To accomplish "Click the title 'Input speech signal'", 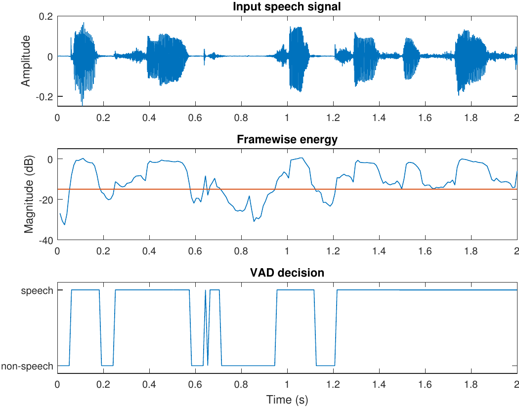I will (287, 7).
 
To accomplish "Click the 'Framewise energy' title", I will (287, 139).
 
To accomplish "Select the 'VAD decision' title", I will (287, 272).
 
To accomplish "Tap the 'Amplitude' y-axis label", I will (26, 61).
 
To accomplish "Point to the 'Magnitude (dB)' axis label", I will (29, 194).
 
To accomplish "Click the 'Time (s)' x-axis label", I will (287, 399).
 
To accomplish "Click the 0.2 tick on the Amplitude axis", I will (46, 16).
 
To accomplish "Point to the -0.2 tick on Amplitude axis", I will (44, 97).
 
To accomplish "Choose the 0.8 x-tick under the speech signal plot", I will (241, 119).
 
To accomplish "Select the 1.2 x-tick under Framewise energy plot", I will (333, 251).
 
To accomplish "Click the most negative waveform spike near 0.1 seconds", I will (82, 105).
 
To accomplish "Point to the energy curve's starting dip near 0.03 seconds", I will (65, 225).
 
